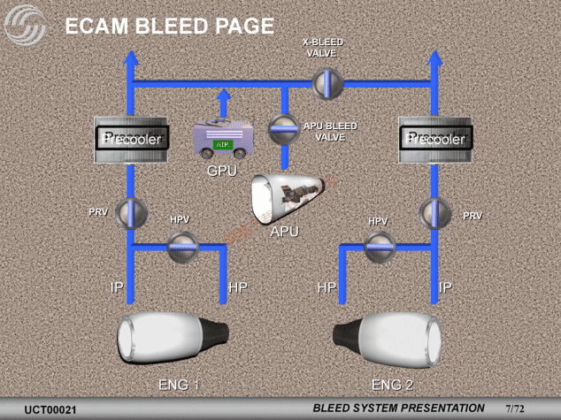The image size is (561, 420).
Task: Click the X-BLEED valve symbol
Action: (326, 82)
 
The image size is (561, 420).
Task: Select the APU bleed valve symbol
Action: (284, 126)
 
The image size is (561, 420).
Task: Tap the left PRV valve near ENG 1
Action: (131, 212)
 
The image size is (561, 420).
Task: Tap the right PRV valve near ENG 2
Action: (434, 212)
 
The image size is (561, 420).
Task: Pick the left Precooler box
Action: (131, 139)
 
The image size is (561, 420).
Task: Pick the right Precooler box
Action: (434, 139)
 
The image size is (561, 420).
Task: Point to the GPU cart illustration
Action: (224, 140)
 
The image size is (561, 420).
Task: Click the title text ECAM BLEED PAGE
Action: (170, 27)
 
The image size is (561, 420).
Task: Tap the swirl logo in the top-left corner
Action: (25, 26)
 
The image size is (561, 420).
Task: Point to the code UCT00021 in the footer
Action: (50, 409)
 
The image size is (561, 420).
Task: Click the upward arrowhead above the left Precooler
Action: (131, 59)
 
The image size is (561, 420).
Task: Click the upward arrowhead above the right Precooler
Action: (434, 59)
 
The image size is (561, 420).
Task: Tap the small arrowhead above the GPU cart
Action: (224, 95)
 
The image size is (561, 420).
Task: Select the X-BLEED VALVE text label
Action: (322, 47)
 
